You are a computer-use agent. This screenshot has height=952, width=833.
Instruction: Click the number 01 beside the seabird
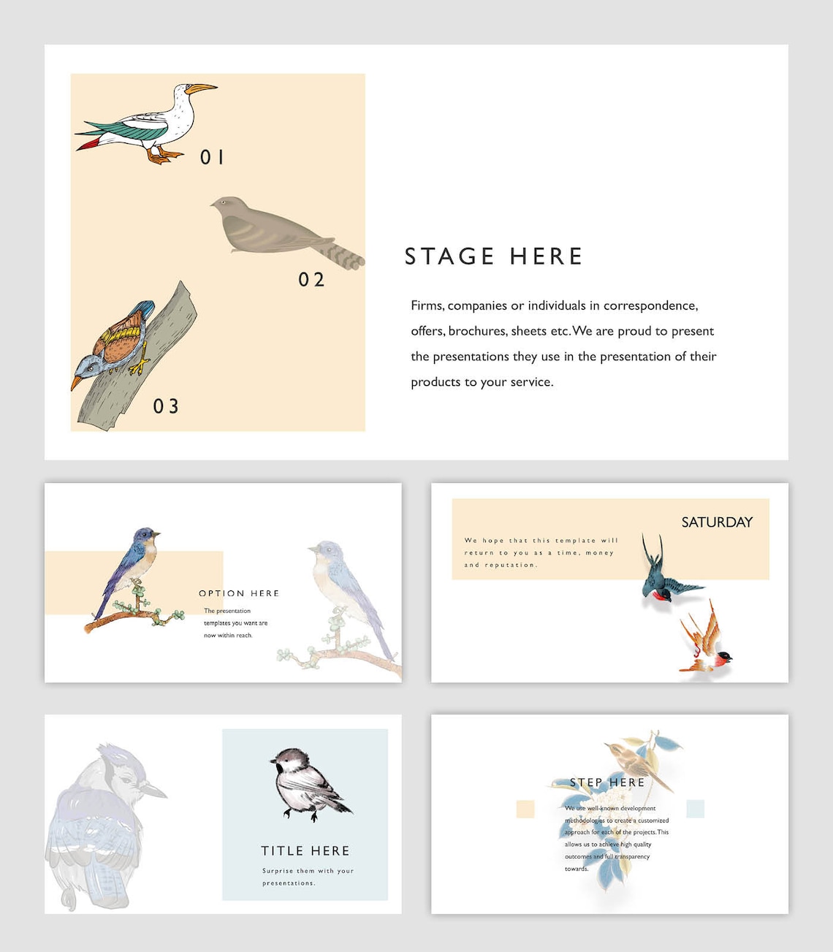212,157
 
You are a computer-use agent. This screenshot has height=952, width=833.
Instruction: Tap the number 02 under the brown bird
311,280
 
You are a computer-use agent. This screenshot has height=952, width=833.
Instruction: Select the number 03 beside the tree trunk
166,406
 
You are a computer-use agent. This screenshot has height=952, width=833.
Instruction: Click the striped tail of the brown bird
346,255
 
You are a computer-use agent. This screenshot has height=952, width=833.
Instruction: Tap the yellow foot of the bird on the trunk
138,365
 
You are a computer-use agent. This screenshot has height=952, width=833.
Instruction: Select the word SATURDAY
716,522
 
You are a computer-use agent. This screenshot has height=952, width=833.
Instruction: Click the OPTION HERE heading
239,593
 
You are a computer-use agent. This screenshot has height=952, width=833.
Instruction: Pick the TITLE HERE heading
305,851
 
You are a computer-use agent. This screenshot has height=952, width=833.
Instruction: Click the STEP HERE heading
607,782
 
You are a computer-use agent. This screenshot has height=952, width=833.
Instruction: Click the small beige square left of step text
525,809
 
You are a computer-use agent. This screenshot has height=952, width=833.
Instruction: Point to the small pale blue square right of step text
695,809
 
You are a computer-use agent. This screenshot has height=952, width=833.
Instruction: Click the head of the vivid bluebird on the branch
145,537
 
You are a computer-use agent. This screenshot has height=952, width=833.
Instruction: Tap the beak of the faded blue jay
156,791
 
